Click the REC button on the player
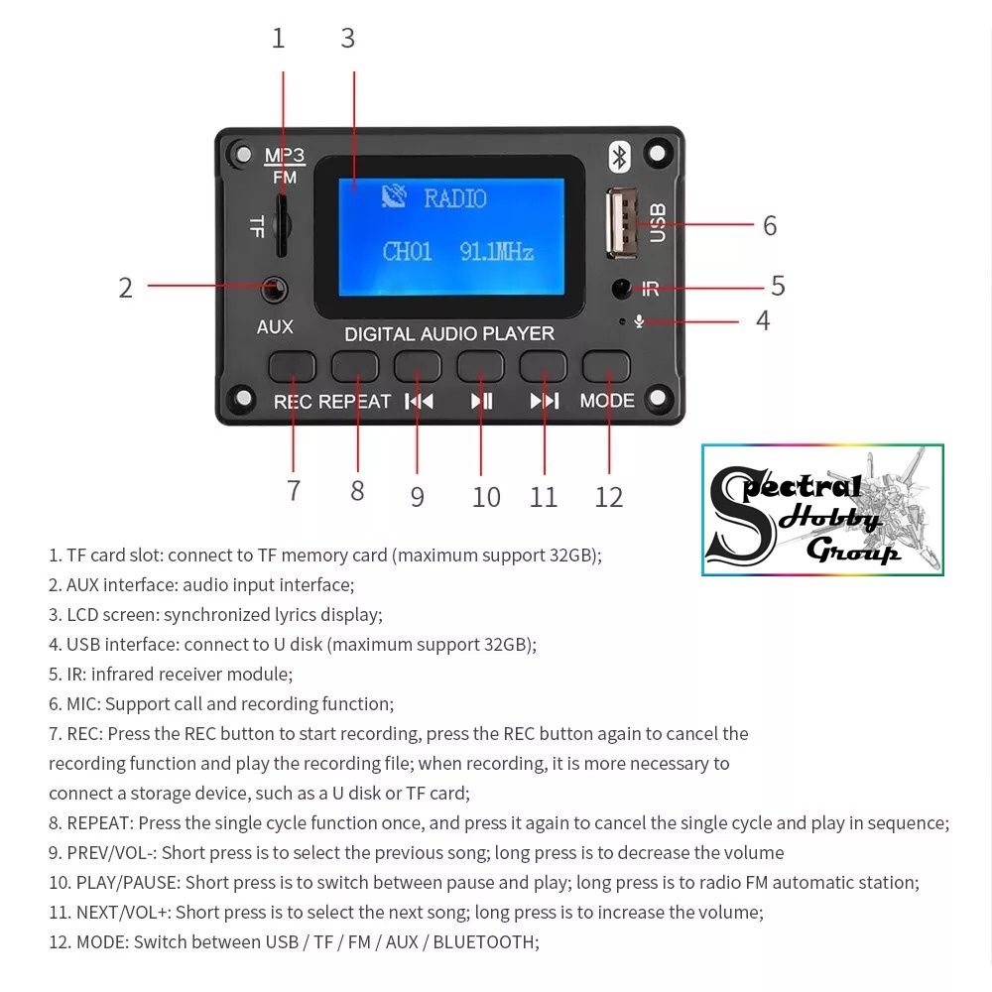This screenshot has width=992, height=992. point(293,366)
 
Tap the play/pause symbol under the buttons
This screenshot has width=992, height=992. point(481,401)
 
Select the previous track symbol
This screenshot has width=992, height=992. point(419,401)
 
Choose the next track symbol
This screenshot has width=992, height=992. point(545,401)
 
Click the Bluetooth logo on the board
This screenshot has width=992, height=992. point(620,157)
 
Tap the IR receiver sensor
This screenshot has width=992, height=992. point(622,290)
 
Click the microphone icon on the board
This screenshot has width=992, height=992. point(640,321)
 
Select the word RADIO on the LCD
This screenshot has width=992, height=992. point(455,198)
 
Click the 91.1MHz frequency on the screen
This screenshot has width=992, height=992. point(496,252)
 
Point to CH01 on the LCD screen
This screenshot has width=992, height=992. point(407,252)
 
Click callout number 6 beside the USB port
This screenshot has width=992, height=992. point(770,226)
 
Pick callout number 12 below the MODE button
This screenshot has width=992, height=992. point(608,497)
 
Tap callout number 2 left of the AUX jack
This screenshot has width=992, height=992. point(125,288)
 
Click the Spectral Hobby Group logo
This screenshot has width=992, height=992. point(822,510)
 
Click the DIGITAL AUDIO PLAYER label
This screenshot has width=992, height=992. point(448,334)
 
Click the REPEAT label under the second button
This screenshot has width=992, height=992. point(355,401)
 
